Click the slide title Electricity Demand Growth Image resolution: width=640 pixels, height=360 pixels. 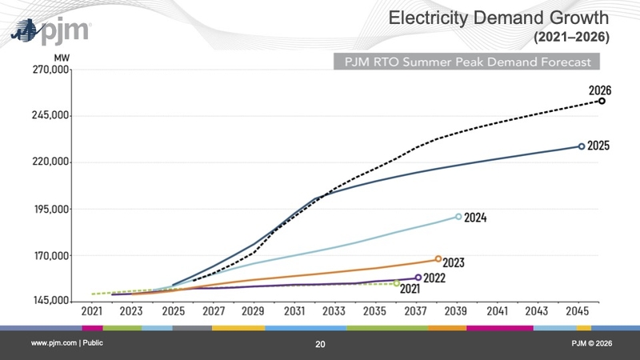498,18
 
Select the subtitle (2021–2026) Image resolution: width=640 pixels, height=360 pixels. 571,37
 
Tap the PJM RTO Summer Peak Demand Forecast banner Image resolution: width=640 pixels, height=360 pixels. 466,62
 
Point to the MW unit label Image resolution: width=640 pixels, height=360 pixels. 62,58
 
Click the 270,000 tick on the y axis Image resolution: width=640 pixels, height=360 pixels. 50,70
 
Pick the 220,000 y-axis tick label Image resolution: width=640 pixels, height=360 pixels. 50,162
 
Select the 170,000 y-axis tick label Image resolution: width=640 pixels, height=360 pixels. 50,255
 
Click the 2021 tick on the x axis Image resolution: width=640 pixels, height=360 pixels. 92,311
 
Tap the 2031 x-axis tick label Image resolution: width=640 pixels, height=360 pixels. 294,311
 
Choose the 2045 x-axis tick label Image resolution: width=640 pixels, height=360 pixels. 577,311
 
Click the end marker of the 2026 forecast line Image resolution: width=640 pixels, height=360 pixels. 602,101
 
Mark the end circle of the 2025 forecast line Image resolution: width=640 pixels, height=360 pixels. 582,146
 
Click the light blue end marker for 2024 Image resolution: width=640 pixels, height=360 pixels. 458,216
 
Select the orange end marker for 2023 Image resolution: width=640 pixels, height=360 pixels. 438,258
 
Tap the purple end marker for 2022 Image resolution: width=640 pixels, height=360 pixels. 418,278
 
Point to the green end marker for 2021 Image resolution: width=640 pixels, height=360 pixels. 396,283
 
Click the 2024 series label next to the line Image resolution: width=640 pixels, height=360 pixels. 475,218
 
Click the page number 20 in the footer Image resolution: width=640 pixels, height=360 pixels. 320,344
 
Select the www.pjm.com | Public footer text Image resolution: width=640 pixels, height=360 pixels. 67,343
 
